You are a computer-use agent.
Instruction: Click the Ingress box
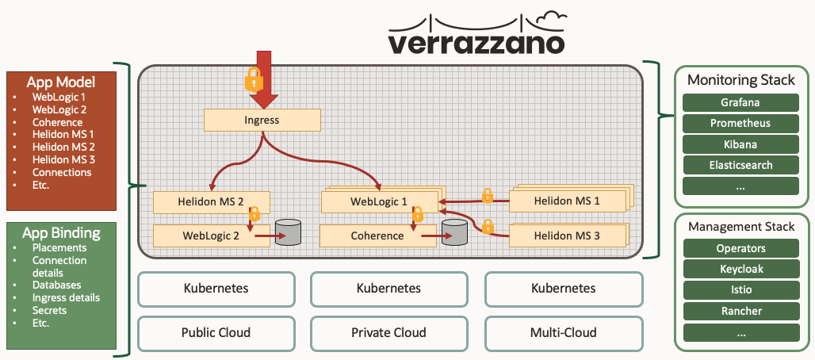(x=262, y=121)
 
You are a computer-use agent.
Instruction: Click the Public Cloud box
(x=216, y=332)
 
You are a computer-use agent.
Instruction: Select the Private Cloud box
(x=388, y=332)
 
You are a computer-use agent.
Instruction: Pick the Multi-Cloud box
(x=563, y=332)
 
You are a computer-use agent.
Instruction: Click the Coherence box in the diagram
(x=377, y=236)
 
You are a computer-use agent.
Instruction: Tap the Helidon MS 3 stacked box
(x=564, y=236)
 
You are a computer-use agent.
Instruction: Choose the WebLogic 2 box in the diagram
(x=211, y=236)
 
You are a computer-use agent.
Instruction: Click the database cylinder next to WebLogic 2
(x=289, y=233)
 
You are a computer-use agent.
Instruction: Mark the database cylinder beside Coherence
(x=455, y=233)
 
